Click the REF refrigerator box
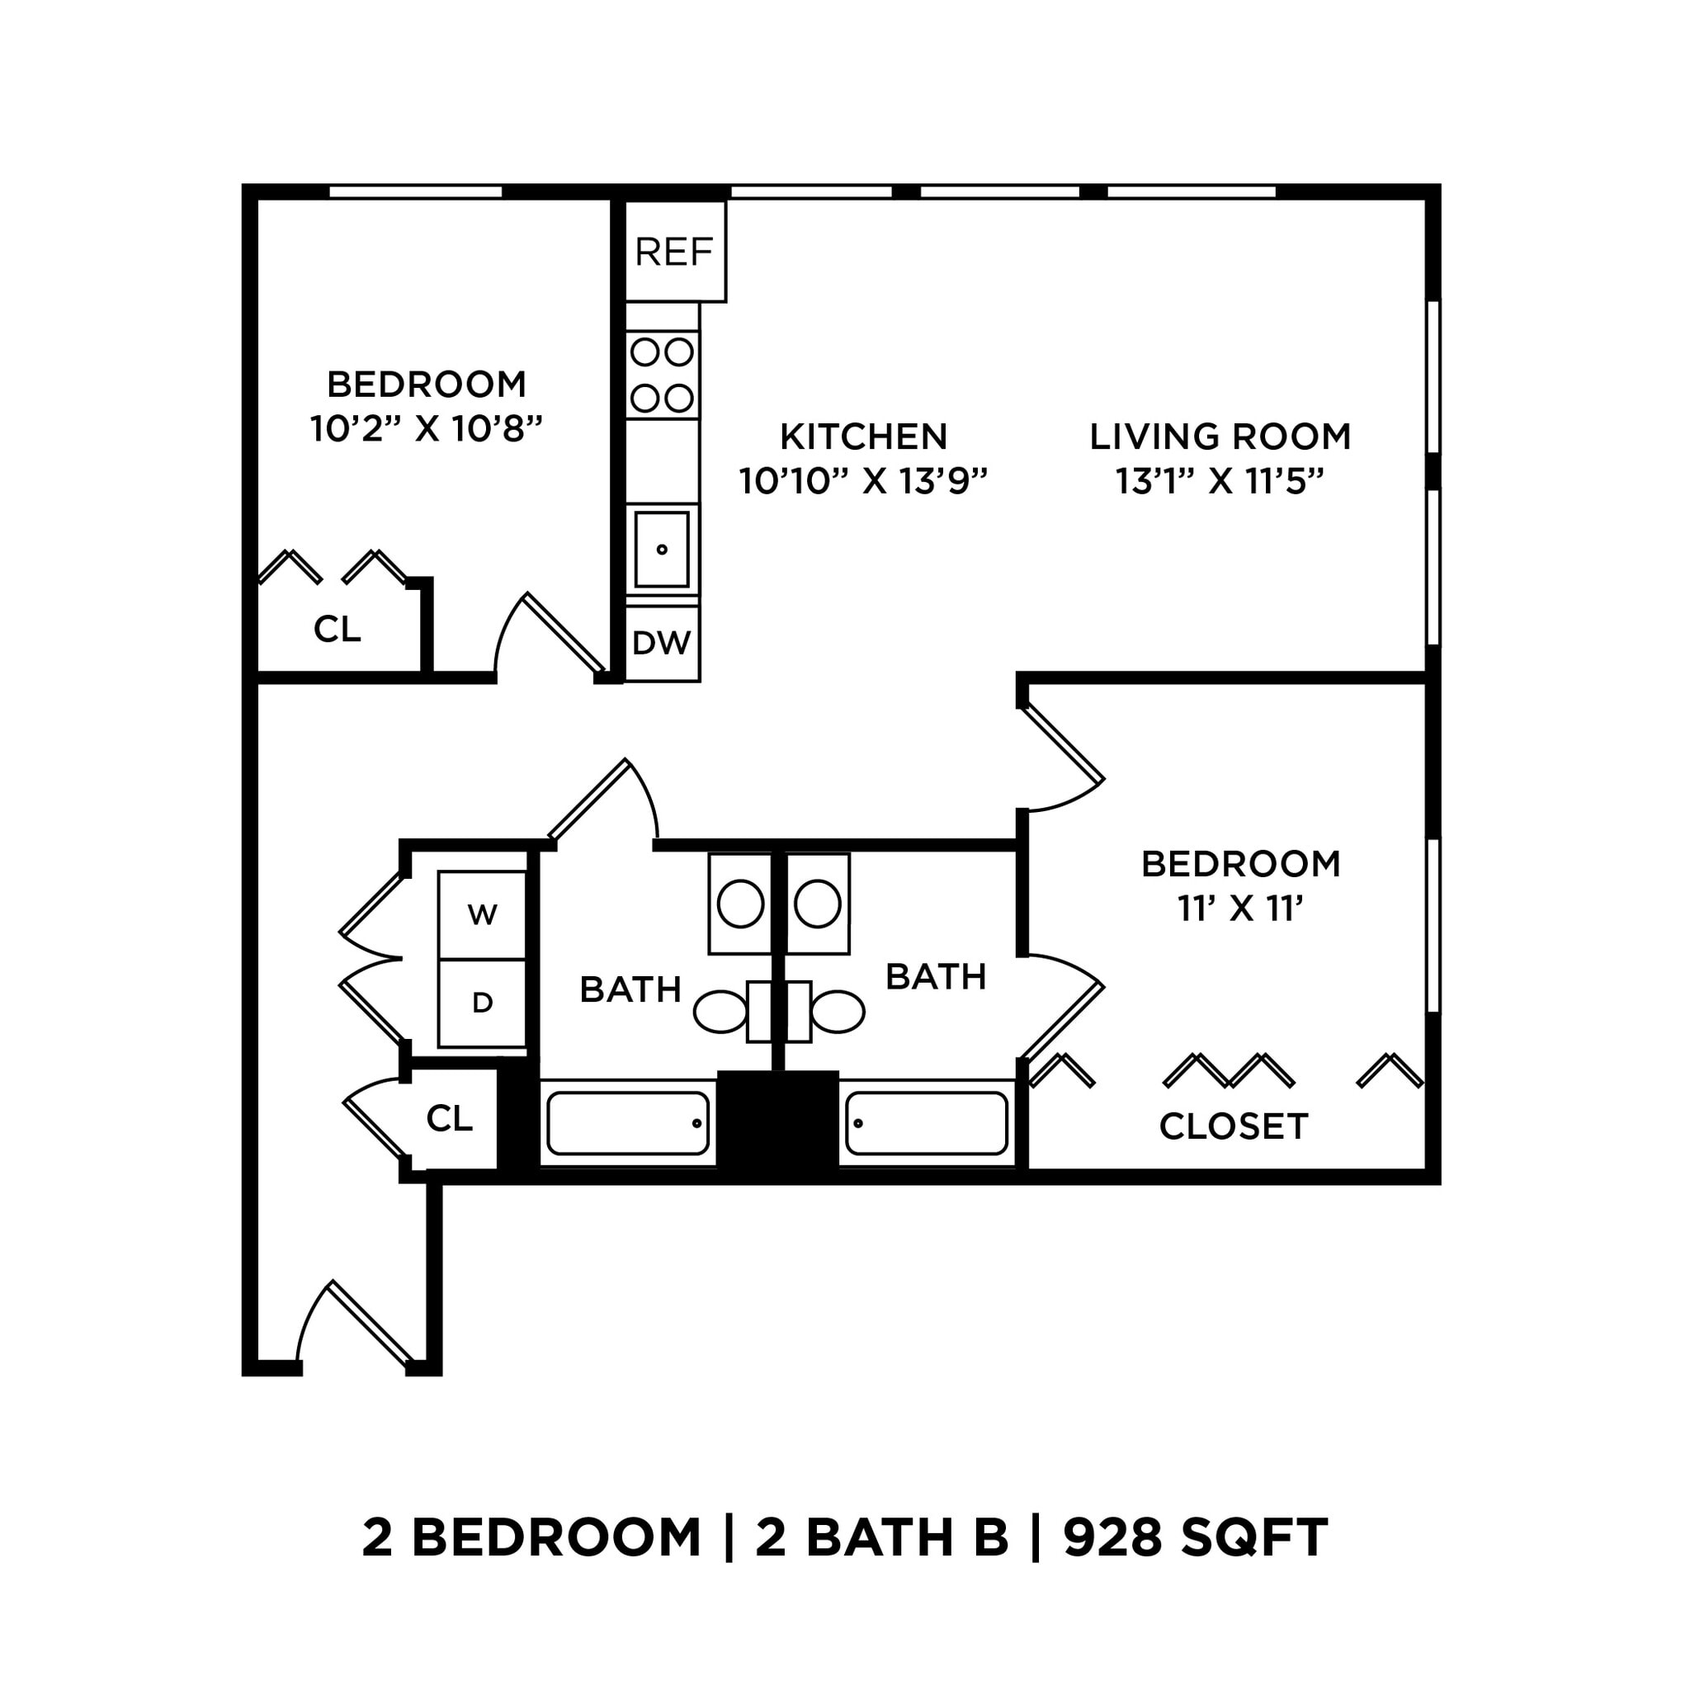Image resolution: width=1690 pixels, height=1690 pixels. tap(674, 252)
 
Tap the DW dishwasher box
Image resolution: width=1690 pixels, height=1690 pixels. tap(661, 643)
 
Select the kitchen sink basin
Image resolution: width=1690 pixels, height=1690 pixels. tap(661, 550)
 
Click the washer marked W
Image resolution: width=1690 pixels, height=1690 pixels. tap(482, 915)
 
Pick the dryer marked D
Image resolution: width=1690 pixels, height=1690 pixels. tap(482, 1003)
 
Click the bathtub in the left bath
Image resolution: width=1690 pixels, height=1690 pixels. tap(627, 1123)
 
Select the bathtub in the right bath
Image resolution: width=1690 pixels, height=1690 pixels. tap(927, 1123)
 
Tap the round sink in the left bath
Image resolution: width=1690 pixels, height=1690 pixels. tap(740, 904)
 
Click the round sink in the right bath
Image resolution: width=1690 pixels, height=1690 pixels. tap(818, 904)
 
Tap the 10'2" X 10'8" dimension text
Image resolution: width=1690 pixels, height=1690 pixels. tap(427, 429)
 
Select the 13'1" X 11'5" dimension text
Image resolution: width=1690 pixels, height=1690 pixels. tap(1220, 481)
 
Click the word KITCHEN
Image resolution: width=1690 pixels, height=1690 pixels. tap(863, 437)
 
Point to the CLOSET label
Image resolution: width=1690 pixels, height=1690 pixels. tap(1233, 1126)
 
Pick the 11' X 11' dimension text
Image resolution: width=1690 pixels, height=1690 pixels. tap(1240, 909)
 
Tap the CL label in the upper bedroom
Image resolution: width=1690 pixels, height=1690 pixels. tap(337, 629)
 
